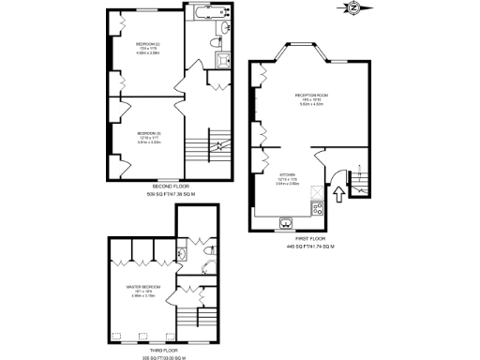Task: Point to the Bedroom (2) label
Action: (148, 45)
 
